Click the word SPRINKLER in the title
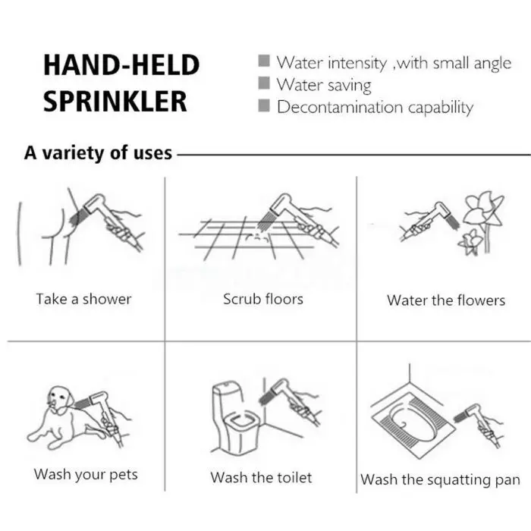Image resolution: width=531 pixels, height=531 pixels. (x=115, y=101)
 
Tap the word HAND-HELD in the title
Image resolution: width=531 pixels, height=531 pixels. (x=121, y=64)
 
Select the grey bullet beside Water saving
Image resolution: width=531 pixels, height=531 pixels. (x=264, y=83)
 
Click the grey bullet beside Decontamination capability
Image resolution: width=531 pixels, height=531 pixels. (x=264, y=105)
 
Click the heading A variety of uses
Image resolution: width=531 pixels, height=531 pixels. (x=98, y=153)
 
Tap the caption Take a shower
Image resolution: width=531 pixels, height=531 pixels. (x=83, y=299)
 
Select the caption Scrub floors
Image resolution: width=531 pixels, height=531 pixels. (x=263, y=299)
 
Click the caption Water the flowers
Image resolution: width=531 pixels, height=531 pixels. (x=446, y=300)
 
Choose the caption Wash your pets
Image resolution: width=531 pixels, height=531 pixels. (x=86, y=474)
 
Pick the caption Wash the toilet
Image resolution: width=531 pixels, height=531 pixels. (x=261, y=477)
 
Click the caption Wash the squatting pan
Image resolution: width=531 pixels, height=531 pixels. (x=440, y=480)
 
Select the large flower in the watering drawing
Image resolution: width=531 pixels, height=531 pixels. (x=482, y=211)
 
